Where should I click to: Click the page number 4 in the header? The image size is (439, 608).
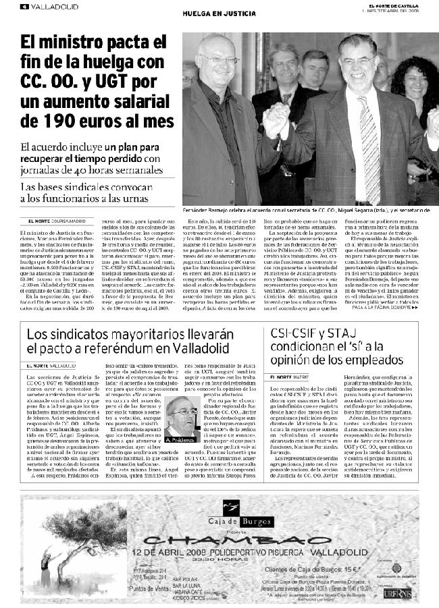point(24,7)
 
